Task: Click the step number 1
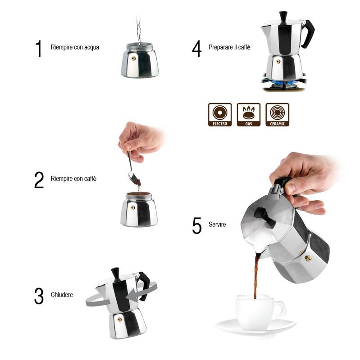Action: [39, 49]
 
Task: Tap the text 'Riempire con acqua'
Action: [75, 47]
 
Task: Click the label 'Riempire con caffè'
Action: [73, 179]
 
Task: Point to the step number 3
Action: [39, 296]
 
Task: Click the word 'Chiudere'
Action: [62, 295]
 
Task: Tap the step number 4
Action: [197, 49]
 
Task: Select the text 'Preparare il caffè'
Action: [229, 47]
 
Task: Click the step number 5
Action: [197, 226]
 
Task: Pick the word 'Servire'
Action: [217, 224]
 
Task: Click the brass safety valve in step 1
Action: [133, 58]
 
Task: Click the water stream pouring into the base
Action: [139, 29]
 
